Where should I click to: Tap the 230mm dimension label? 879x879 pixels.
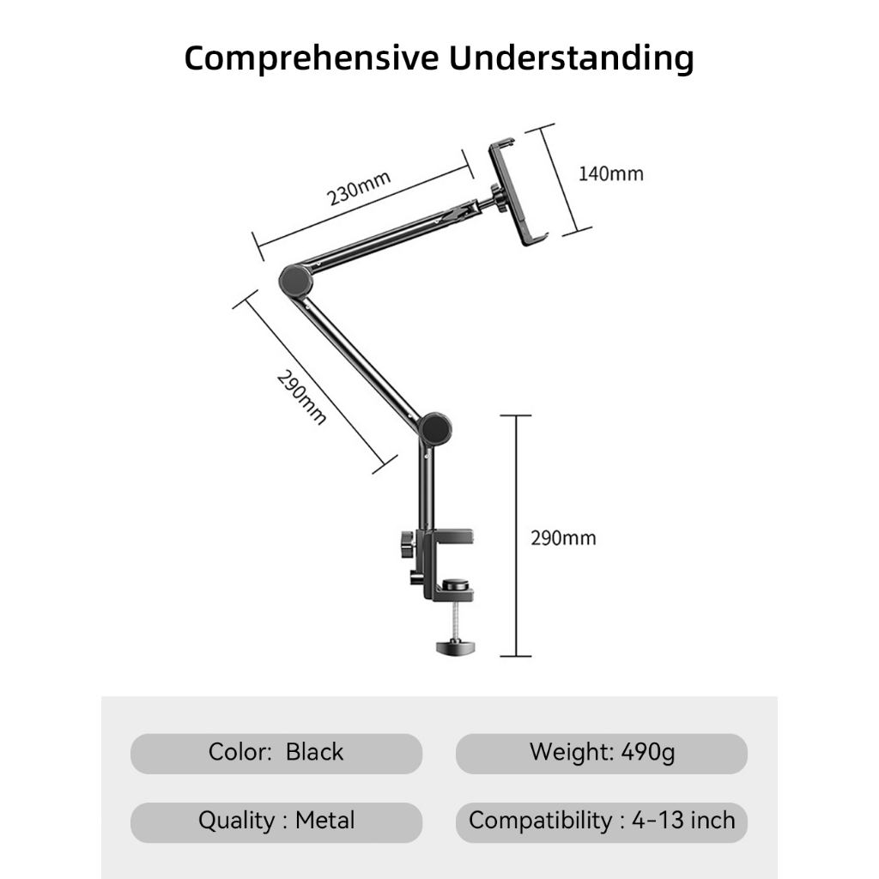coord(359,188)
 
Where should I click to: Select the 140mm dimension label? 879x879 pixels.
coord(610,173)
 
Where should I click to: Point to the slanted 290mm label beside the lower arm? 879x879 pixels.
coord(301,397)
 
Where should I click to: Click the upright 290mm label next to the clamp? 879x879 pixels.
coord(563,538)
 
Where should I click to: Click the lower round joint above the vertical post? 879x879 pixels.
coord(436,429)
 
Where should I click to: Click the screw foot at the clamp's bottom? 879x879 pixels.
coord(456,647)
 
